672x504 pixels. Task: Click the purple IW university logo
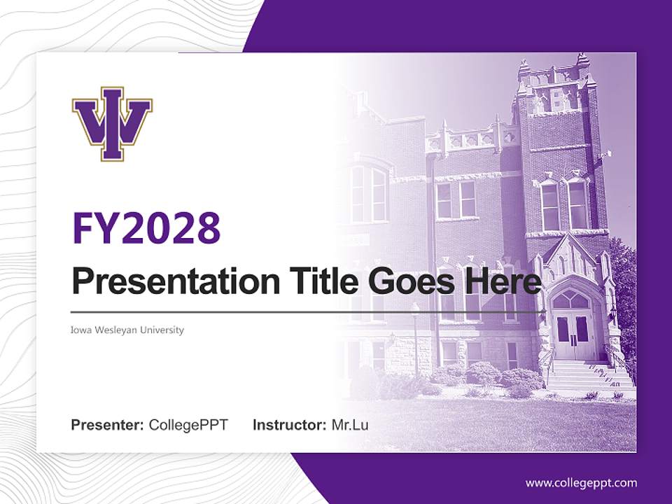click(x=112, y=124)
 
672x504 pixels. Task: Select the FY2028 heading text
click(x=146, y=228)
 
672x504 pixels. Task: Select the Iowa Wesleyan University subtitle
click(x=127, y=330)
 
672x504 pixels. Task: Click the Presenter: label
click(x=108, y=425)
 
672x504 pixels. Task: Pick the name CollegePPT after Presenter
click(x=188, y=425)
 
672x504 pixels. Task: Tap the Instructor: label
click(x=289, y=425)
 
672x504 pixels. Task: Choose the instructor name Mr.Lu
click(x=350, y=425)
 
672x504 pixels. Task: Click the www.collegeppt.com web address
click(x=581, y=482)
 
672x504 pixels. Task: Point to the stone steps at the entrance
click(x=584, y=379)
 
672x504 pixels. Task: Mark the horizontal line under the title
click(x=308, y=311)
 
